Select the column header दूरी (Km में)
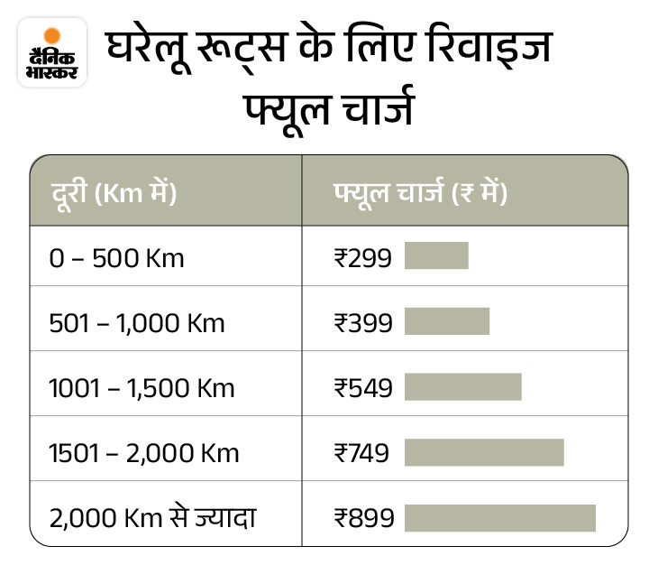click(113, 192)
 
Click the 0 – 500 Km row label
click(117, 258)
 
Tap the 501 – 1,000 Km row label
click(137, 322)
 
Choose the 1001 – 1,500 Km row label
click(142, 388)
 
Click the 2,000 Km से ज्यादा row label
click(152, 518)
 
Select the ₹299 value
click(363, 258)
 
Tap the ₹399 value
click(363, 322)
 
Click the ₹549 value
click(363, 388)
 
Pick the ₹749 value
click(361, 453)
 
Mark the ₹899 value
click(363, 518)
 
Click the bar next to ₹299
click(436, 256)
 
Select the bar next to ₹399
click(447, 321)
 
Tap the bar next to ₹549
click(463, 386)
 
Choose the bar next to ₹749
click(484, 452)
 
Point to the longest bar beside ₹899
click(500, 517)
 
